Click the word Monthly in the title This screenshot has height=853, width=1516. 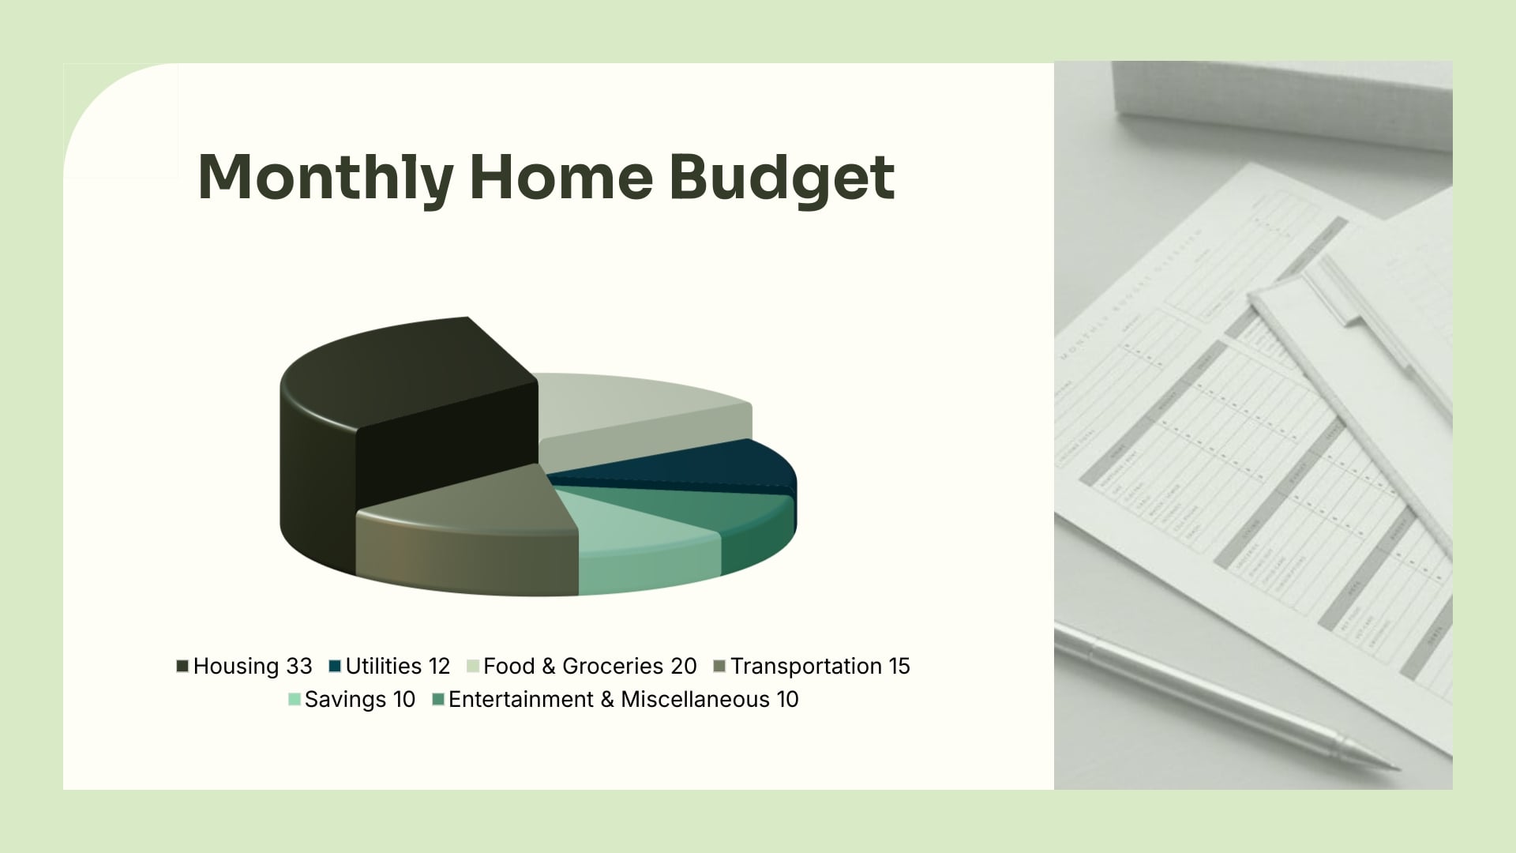(325, 177)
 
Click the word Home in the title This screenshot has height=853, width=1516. (561, 177)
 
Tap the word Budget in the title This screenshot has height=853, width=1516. (782, 177)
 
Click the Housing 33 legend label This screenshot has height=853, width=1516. (253, 666)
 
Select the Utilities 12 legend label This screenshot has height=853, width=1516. (397, 666)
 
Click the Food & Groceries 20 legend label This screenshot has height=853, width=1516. (590, 666)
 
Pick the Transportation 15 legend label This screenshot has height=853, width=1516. (820, 666)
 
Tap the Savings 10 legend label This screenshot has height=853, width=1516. (359, 699)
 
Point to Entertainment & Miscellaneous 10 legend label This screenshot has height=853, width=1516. (623, 699)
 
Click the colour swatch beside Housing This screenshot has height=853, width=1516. (182, 667)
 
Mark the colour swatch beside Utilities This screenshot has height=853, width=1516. (335, 667)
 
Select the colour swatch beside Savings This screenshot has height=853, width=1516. (295, 700)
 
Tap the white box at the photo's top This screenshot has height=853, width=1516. (1279, 103)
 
